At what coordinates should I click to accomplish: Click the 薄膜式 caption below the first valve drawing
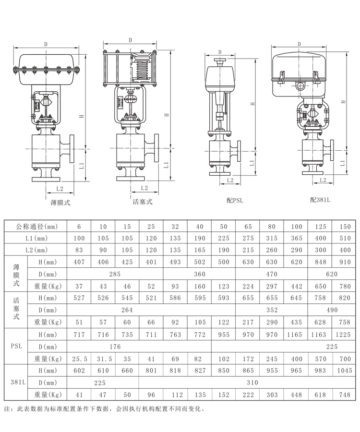pyautogui.click(x=60, y=203)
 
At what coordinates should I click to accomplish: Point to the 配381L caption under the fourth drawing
pyautogui.click(x=320, y=200)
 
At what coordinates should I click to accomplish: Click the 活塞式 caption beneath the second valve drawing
pyautogui.click(x=143, y=202)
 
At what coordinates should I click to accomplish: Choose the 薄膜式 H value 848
pyautogui.click(x=320, y=262)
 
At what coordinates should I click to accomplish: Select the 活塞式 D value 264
pyautogui.click(x=126, y=310)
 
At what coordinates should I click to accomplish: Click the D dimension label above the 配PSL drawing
pyautogui.click(x=219, y=52)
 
